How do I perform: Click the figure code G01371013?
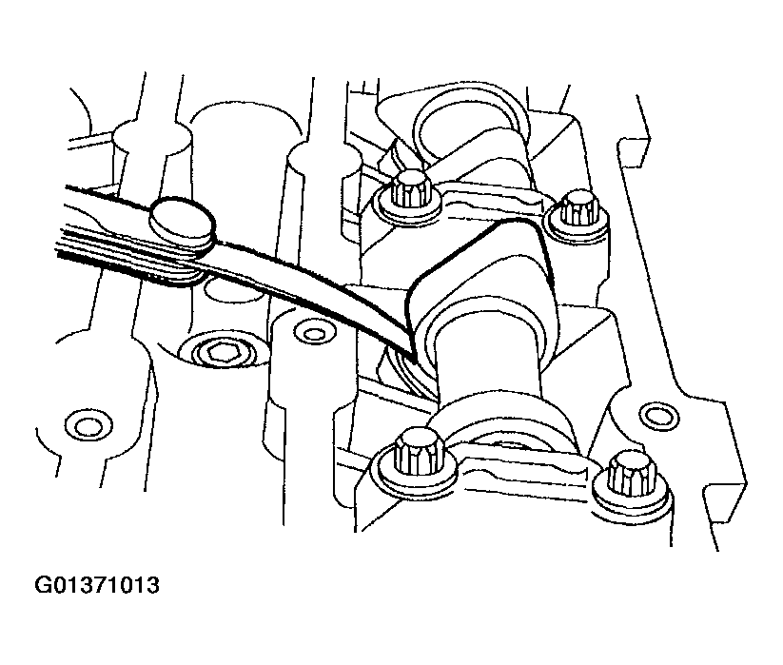tap(97, 585)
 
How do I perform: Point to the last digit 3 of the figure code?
tap(152, 585)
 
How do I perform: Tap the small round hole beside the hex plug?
tap(313, 333)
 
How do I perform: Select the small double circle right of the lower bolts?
tap(659, 414)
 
